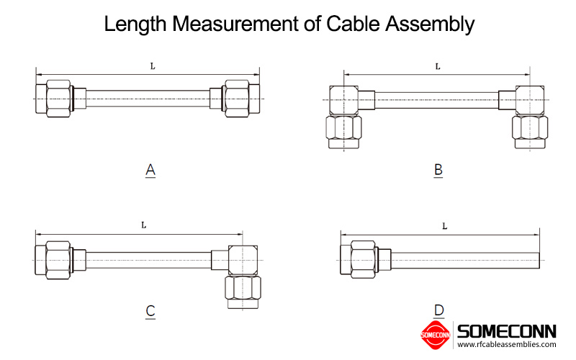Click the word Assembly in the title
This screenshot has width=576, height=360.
[431, 24]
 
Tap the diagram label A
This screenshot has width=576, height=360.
[150, 171]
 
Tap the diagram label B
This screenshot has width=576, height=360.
[438, 171]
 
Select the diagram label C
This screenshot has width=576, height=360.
[150, 311]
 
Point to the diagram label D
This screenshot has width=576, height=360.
[438, 311]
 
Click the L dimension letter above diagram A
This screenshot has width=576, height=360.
[153, 66]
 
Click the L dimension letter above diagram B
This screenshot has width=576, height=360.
[438, 66]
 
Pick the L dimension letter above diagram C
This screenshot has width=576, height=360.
[143, 225]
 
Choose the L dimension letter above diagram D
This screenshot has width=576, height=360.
[444, 226]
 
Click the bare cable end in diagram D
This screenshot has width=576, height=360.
[536, 258]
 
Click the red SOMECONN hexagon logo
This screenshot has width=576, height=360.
[435, 333]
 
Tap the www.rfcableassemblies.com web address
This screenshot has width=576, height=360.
[507, 345]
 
